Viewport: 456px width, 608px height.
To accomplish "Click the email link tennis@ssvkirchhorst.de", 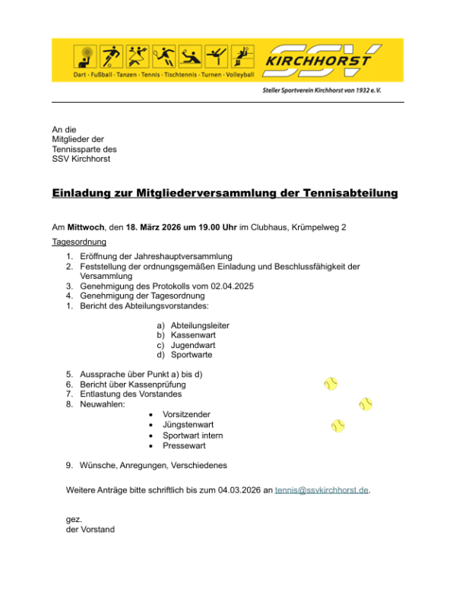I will (322, 490).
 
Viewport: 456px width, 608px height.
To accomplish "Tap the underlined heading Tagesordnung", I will (80, 242).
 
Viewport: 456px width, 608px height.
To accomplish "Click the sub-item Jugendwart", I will (194, 345).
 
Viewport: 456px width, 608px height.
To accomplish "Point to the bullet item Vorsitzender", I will (187, 414).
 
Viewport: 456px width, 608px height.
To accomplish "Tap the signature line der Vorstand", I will (90, 530).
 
